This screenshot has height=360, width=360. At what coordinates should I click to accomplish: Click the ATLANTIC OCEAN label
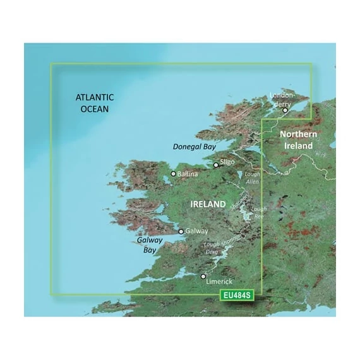(94, 103)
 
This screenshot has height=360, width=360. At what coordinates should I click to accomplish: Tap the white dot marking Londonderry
(285, 110)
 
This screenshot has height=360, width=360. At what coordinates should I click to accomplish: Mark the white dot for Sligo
(217, 165)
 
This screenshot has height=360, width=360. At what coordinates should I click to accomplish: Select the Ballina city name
(188, 173)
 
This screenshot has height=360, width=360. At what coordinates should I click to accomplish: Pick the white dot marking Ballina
(174, 173)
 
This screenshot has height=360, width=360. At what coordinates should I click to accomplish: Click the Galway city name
(196, 232)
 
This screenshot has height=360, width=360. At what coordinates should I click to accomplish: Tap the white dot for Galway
(182, 232)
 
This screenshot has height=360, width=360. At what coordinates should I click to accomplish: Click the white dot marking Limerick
(203, 276)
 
